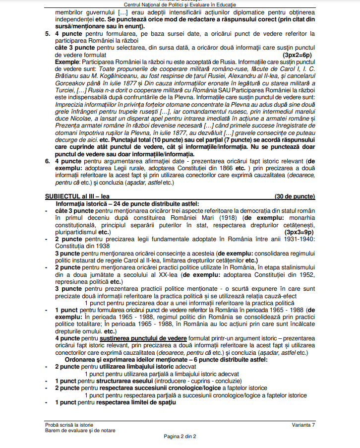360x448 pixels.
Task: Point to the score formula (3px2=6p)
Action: tap(297, 55)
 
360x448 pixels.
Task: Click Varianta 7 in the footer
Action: tap(303, 424)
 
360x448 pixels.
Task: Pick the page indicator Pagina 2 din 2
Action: tap(180, 437)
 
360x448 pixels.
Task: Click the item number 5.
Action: tap(47, 34)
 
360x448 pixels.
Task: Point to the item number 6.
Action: tap(47, 162)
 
